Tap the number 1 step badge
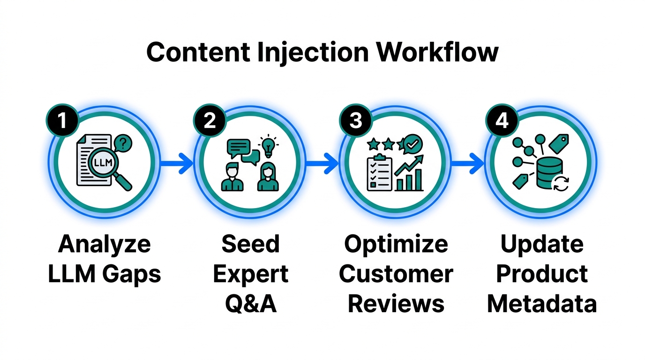click(x=61, y=120)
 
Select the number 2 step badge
click(x=210, y=120)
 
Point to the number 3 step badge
click(x=355, y=120)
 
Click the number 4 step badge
click(x=502, y=120)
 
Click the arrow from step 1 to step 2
click(x=176, y=163)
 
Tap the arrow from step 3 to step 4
click(x=467, y=163)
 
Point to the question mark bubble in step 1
click(x=123, y=142)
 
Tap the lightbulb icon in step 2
click(x=268, y=146)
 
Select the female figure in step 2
click(x=268, y=177)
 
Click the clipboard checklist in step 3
click(x=378, y=172)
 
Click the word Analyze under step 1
click(x=105, y=244)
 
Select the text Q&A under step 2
click(x=251, y=303)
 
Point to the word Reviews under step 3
click(x=396, y=303)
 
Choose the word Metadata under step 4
click(x=542, y=303)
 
